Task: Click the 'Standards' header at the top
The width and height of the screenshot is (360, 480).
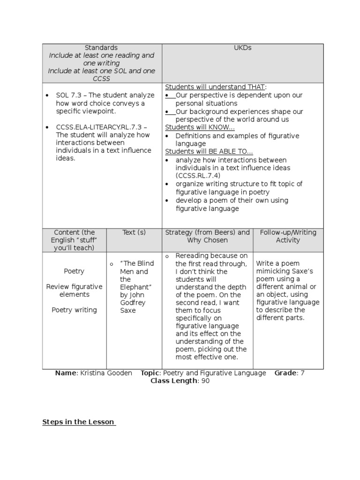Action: coord(101,48)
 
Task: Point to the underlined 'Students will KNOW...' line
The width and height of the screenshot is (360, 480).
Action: coord(200,127)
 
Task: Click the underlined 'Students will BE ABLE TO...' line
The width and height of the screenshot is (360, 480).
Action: coord(209,151)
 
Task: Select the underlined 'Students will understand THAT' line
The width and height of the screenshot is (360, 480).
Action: coord(215,87)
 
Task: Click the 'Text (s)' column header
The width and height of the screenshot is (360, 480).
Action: coord(134,232)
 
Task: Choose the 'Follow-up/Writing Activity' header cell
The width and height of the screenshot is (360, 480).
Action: coord(288,236)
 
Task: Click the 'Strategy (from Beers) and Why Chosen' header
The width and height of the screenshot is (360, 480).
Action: coord(207,236)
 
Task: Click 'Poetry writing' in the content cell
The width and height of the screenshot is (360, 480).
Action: coord(74,310)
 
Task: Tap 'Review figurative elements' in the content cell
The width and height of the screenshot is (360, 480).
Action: coord(74,291)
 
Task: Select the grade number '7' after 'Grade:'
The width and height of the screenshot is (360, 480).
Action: coord(302,373)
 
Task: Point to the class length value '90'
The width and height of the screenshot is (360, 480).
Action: coord(205,381)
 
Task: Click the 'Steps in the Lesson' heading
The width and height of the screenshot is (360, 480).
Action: coord(78,422)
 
